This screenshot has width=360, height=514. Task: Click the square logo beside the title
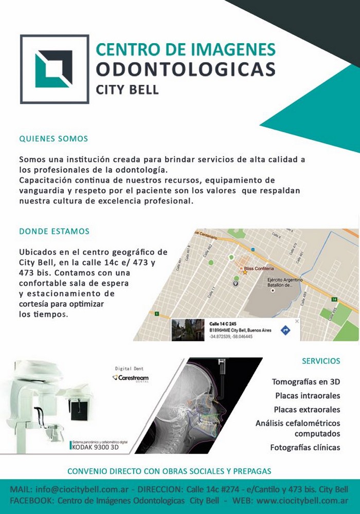54,69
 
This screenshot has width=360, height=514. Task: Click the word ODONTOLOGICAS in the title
186,69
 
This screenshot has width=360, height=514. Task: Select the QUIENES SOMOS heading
53,139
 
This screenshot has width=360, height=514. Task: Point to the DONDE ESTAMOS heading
54,231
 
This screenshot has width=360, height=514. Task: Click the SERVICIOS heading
321,361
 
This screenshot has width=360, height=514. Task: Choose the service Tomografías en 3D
306,382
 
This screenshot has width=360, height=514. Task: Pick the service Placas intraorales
308,396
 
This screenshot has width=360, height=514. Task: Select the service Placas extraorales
307,410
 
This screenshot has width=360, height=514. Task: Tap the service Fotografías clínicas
305,447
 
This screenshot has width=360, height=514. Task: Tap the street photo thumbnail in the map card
188,329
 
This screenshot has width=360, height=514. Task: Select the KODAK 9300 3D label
96,447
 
